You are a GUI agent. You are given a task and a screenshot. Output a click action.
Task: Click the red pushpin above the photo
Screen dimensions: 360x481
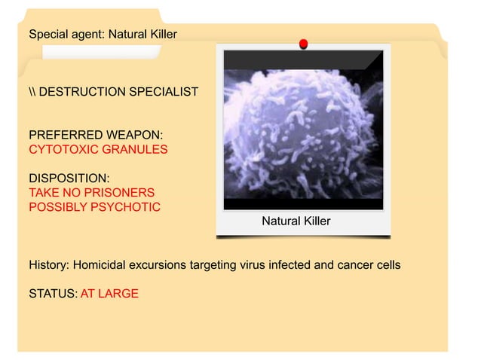303,44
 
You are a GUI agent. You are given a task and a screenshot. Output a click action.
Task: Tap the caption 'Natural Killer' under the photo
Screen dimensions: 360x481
296,221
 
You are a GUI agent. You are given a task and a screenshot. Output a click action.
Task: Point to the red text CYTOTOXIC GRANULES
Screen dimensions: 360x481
98,149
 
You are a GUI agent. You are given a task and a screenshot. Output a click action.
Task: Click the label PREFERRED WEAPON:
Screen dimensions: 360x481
96,135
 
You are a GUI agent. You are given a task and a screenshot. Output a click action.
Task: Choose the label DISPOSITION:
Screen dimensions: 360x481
69,178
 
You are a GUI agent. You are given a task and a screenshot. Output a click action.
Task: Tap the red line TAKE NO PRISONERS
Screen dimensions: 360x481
91,193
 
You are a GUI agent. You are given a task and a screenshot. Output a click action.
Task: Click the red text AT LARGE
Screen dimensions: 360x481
109,293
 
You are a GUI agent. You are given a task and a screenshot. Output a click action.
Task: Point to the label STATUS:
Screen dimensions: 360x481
52,293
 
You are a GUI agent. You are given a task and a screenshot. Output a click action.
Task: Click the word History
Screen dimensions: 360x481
48,265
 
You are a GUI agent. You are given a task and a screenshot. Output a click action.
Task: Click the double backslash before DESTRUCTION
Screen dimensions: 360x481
32,92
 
